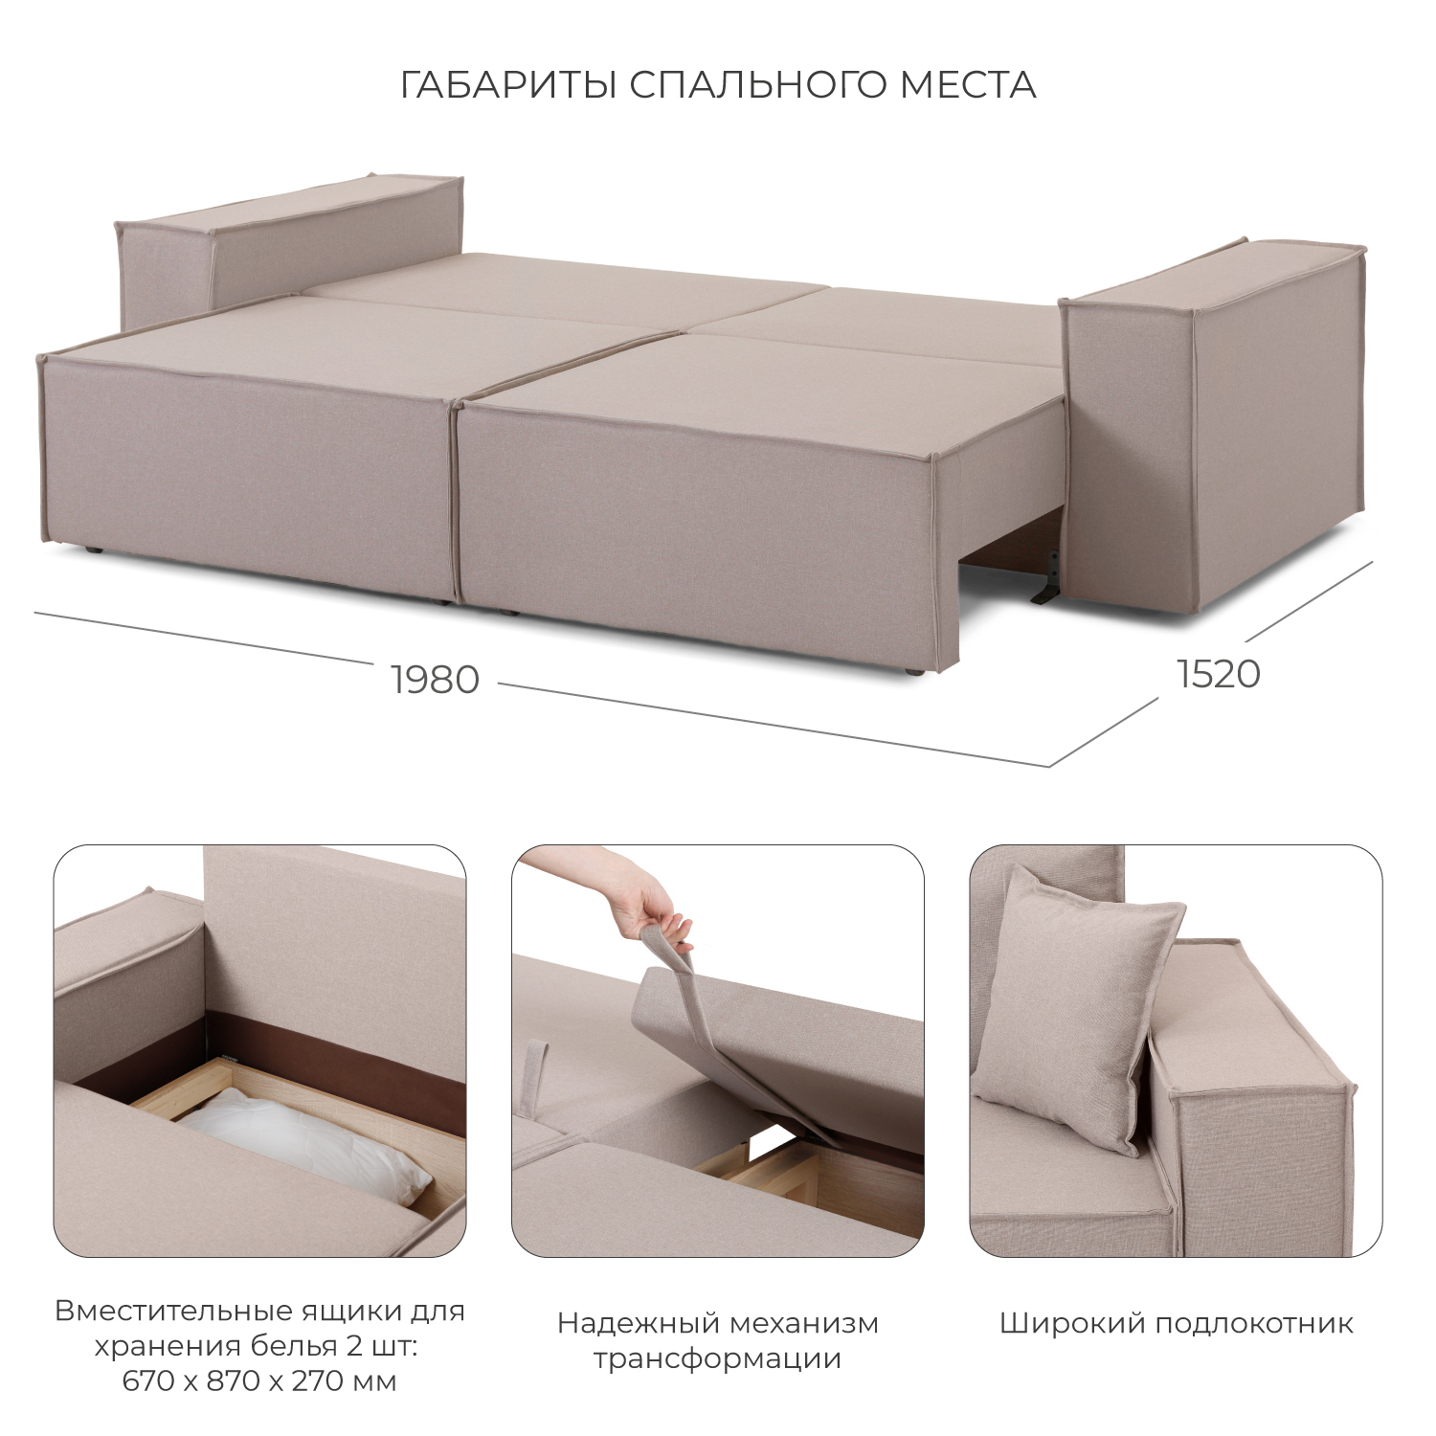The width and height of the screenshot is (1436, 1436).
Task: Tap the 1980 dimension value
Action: pyautogui.click(x=436, y=680)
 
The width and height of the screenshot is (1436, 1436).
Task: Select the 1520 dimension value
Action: pyautogui.click(x=1219, y=674)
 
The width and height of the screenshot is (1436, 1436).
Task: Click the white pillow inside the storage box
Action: pyautogui.click(x=306, y=1149)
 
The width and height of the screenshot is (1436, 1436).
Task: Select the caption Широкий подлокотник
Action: pyautogui.click(x=1176, y=1323)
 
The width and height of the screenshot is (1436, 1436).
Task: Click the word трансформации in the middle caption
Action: pyautogui.click(x=717, y=1358)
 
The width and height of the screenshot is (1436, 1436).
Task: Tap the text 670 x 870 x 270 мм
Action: pyautogui.click(x=259, y=1381)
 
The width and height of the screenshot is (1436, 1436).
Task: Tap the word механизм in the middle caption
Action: pyautogui.click(x=803, y=1323)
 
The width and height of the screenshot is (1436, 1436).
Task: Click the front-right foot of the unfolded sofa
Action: pyautogui.click(x=916, y=674)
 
